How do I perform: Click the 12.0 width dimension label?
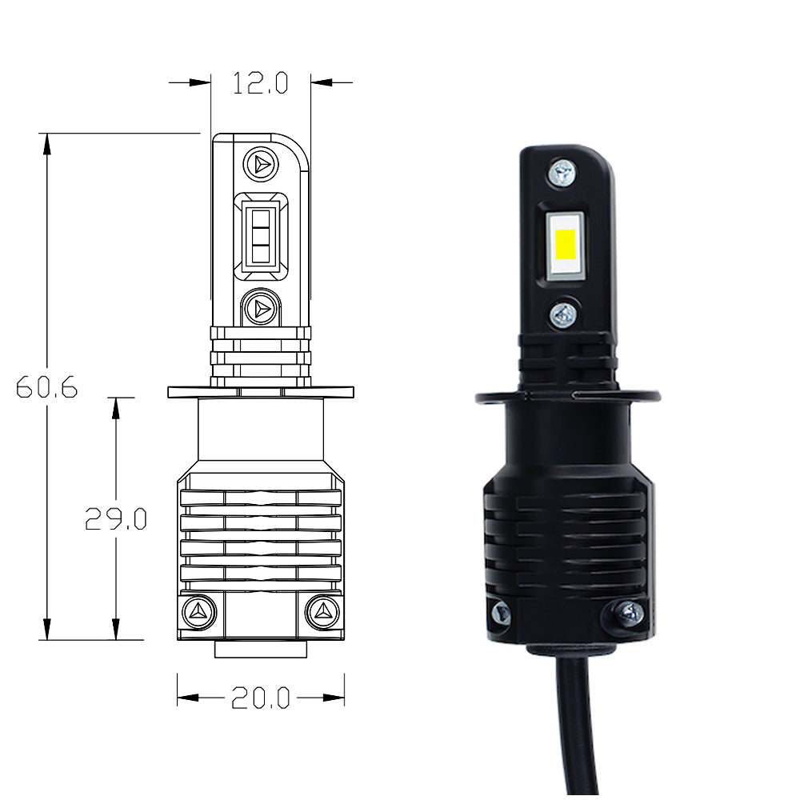tap(260, 82)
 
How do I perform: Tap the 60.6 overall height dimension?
tap(46, 388)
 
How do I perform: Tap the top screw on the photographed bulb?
tap(562, 171)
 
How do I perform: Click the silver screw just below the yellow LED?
tap(564, 315)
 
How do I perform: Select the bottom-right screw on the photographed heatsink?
tap(631, 613)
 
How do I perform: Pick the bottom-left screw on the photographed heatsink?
tap(502, 614)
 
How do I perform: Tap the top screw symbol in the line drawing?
tap(260, 164)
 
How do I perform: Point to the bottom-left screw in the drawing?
tap(197, 612)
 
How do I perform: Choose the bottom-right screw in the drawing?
tap(323, 612)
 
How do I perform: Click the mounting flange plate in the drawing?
tap(260, 392)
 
